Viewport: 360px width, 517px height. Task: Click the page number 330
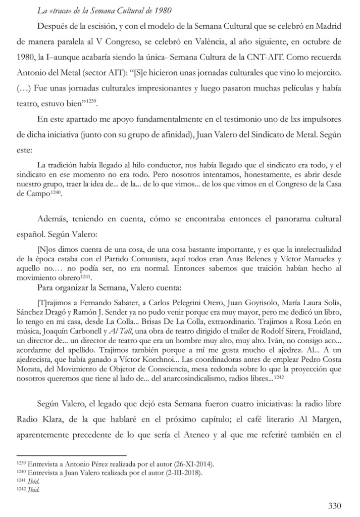(x=335, y=506)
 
